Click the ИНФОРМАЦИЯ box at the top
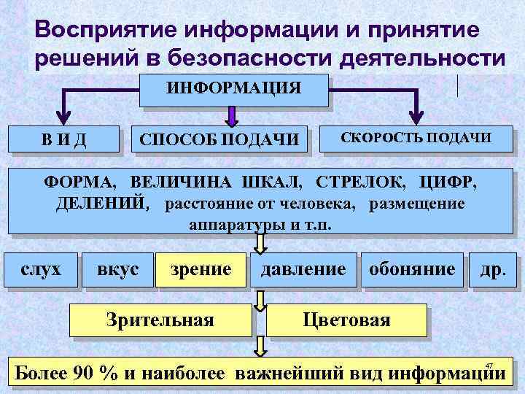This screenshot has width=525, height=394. coord(233,89)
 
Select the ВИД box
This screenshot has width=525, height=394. coord(63,138)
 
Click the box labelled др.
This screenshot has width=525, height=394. coord(492,269)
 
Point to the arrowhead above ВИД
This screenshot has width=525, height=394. coord(63,117)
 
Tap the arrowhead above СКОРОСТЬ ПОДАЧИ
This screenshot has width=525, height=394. coord(418,117)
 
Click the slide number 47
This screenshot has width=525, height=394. coord(489,366)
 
